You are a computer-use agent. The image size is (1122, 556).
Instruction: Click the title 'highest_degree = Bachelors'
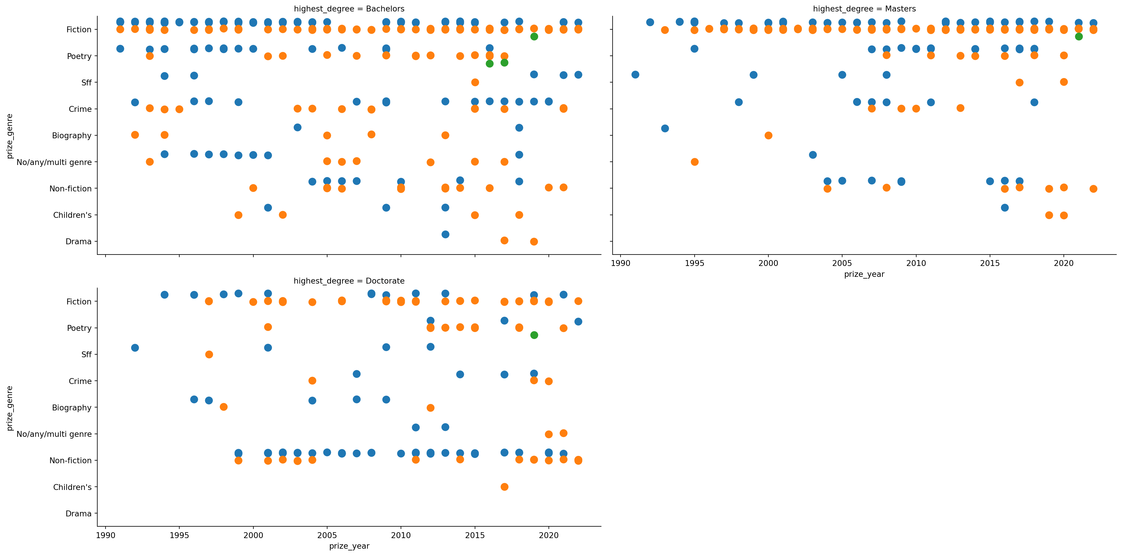(x=349, y=9)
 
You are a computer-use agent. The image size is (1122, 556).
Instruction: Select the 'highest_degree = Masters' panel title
(x=864, y=9)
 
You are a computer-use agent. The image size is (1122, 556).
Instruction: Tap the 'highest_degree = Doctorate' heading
(x=349, y=281)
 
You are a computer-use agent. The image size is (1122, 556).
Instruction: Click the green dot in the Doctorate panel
(x=534, y=335)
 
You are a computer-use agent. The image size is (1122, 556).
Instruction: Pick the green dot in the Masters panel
(x=1078, y=36)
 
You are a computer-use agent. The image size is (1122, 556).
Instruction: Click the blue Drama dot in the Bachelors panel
(x=445, y=235)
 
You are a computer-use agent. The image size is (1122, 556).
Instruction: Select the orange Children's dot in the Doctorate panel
(x=504, y=487)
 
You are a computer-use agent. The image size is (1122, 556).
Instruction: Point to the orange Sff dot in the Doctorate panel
(x=209, y=355)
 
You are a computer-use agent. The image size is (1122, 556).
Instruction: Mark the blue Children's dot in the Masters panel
(x=1005, y=208)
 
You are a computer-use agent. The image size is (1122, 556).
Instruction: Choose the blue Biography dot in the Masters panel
(x=665, y=128)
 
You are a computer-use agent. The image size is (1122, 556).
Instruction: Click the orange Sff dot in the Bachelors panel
(x=475, y=82)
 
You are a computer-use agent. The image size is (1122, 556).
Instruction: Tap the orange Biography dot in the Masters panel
(x=768, y=135)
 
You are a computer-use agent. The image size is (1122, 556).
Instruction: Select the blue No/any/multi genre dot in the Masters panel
(x=813, y=155)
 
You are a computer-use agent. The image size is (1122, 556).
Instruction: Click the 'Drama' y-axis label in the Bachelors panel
(x=78, y=242)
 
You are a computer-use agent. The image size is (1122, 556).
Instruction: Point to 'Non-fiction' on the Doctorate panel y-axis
(x=71, y=461)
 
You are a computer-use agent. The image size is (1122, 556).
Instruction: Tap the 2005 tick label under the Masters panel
(x=842, y=263)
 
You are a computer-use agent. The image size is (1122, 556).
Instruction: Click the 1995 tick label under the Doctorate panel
(x=179, y=535)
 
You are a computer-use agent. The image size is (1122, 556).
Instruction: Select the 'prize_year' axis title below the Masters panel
(x=864, y=274)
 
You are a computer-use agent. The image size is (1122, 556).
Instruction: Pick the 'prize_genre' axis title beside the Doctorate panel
(x=10, y=408)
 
